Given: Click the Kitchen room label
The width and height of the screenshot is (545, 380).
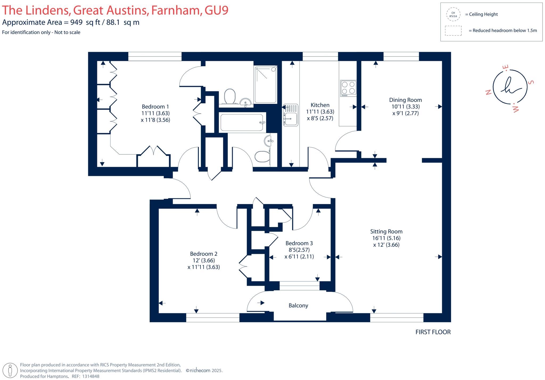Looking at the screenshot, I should click(x=320, y=105).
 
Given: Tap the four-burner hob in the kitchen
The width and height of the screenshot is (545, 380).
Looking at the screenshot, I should click(x=348, y=88).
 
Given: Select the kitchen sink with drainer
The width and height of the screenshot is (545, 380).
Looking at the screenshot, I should click(x=290, y=115).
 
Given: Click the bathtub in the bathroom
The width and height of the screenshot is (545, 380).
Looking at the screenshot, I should click(x=242, y=123).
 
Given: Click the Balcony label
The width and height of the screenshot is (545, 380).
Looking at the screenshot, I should click(x=298, y=305).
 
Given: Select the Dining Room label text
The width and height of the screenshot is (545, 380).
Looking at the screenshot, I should click(x=405, y=100).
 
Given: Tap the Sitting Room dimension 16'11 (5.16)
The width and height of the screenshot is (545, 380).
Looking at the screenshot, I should click(x=386, y=238).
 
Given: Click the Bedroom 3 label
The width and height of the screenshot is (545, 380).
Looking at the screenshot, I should click(x=299, y=243).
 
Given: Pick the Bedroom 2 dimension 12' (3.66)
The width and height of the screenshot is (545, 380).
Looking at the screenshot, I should click(x=204, y=261).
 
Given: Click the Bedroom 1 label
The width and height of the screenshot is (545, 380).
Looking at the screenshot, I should click(x=155, y=107).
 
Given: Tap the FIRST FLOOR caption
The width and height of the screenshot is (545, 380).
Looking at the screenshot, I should click(x=433, y=332).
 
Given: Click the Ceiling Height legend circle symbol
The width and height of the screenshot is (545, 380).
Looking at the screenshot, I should click(x=453, y=14).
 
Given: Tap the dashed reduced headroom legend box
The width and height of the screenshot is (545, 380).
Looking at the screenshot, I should click(x=453, y=31).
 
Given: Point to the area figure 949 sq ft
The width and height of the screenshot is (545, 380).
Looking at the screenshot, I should click(x=85, y=22).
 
